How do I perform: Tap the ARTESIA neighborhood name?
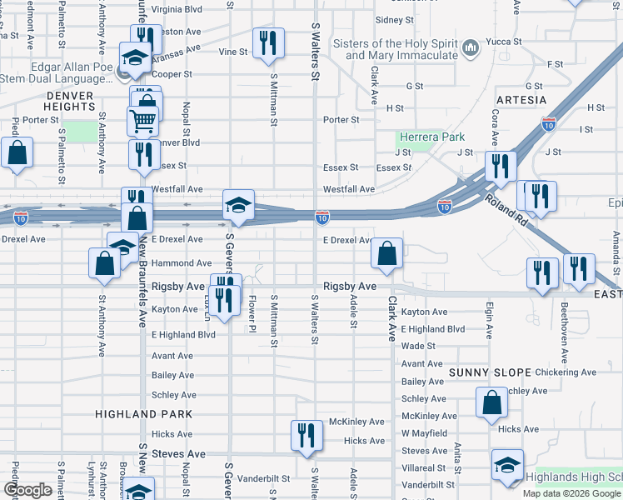(x=521, y=100)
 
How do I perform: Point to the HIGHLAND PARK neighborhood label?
(x=143, y=413)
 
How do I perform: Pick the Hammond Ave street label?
(x=176, y=262)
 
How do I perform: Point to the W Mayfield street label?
(x=424, y=433)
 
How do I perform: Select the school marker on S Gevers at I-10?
(x=238, y=206)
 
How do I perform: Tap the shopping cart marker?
(x=142, y=121)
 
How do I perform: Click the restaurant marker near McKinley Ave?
(x=307, y=435)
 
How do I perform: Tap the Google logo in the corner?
(x=27, y=490)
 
